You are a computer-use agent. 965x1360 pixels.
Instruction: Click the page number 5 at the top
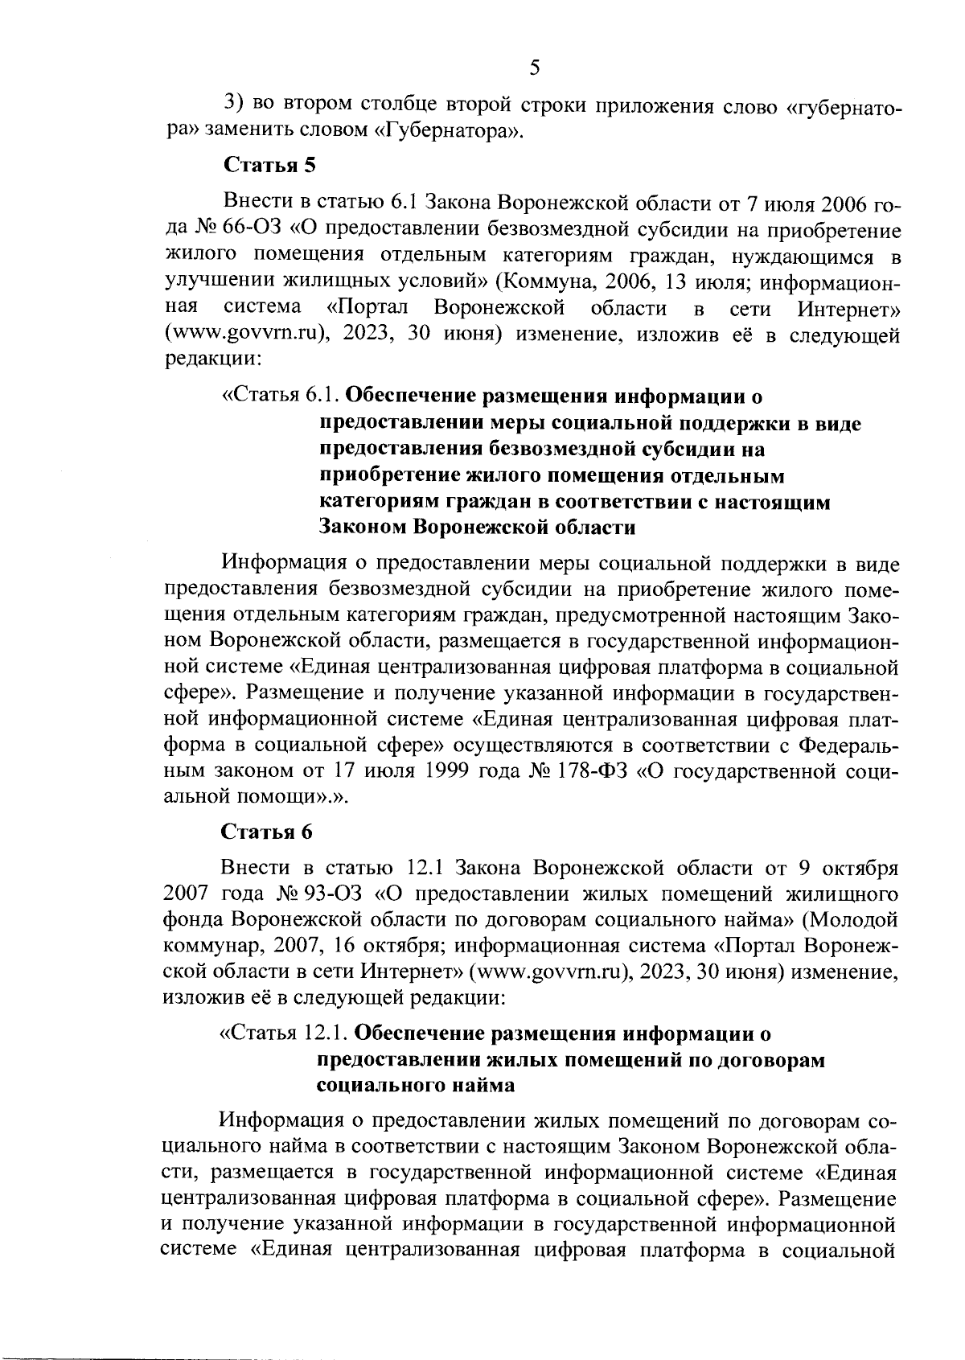coord(535,68)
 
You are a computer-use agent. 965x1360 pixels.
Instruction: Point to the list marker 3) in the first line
coord(233,104)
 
